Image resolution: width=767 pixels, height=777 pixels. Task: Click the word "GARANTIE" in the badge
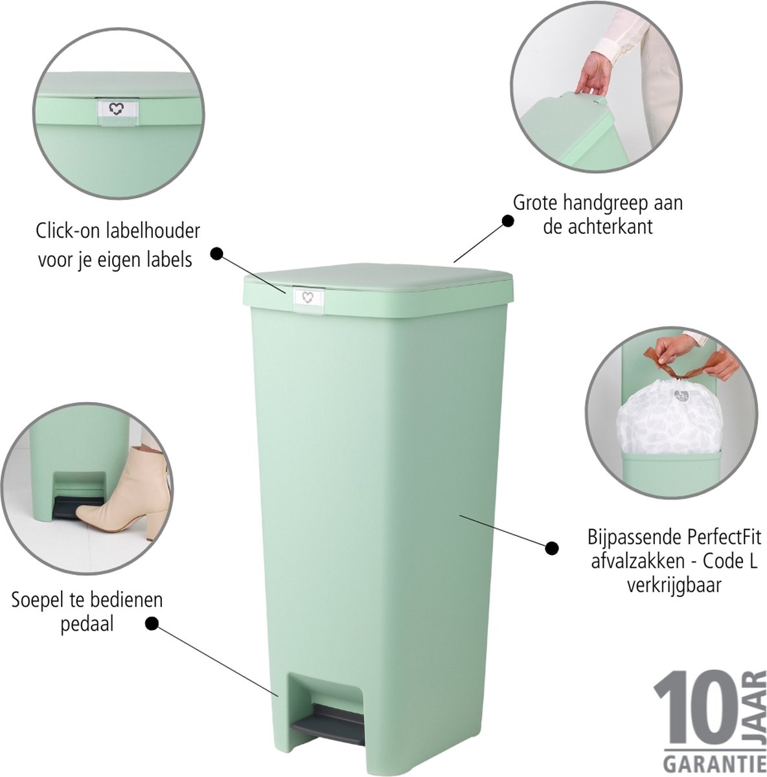[x=710, y=760]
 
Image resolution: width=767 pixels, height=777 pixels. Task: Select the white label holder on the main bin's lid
[x=308, y=298]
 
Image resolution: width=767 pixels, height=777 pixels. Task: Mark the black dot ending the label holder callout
[x=216, y=254]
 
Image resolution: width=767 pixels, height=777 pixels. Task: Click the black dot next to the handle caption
[x=507, y=220]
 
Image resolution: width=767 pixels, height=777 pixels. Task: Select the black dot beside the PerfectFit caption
[x=551, y=548]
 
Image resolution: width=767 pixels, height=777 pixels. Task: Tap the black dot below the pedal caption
[x=152, y=635]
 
